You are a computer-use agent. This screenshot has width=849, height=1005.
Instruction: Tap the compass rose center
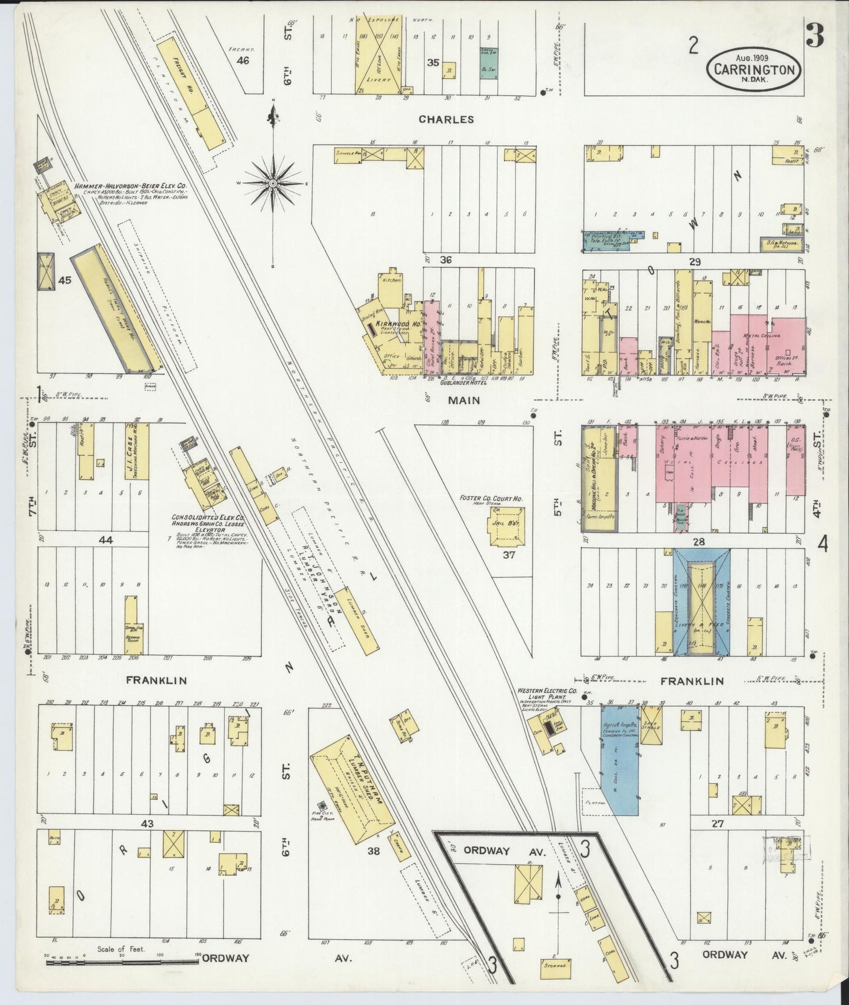pyautogui.click(x=273, y=183)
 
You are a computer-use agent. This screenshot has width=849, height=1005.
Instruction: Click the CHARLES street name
pyautogui.click(x=446, y=119)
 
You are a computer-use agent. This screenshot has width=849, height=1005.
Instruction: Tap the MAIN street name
pyautogui.click(x=465, y=400)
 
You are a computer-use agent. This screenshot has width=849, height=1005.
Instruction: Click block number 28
pyautogui.click(x=698, y=541)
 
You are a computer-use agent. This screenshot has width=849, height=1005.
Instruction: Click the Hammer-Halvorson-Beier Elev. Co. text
pyautogui.click(x=130, y=187)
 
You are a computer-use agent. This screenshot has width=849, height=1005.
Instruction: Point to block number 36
pyautogui.click(x=445, y=259)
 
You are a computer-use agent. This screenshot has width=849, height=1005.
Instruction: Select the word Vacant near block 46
pyautogui.click(x=241, y=50)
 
